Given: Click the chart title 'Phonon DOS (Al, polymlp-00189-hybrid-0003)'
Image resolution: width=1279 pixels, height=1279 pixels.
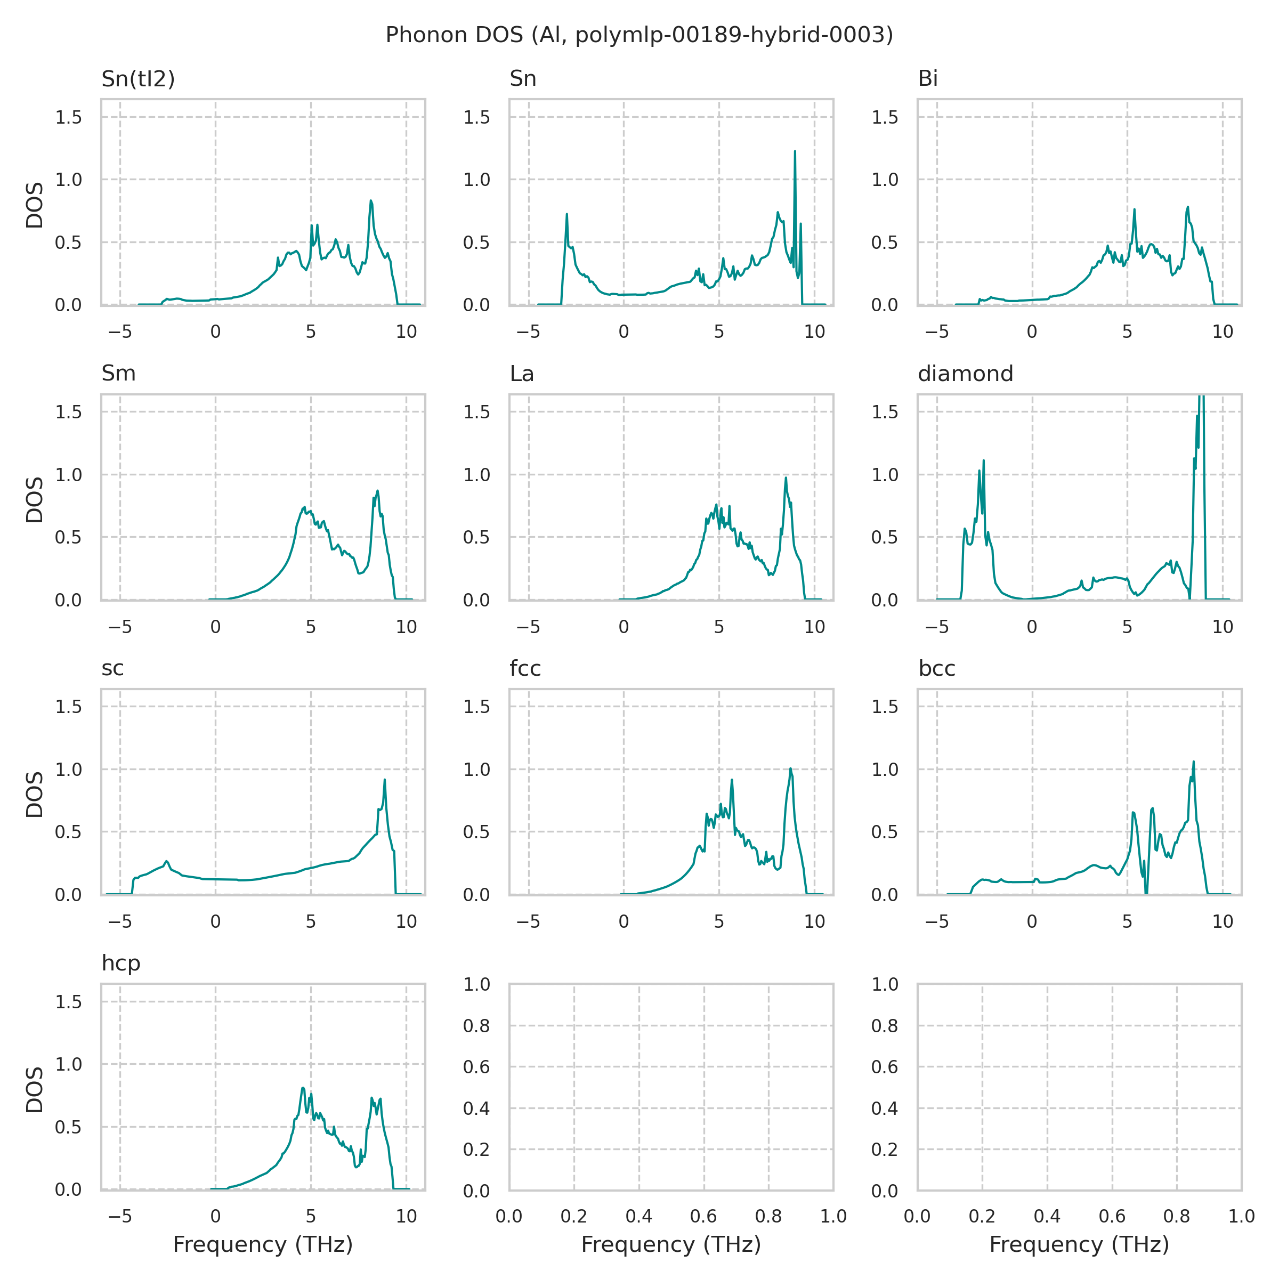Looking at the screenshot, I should [x=639, y=35].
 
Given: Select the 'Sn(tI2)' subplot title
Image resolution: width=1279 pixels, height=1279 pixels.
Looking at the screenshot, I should [x=137, y=79].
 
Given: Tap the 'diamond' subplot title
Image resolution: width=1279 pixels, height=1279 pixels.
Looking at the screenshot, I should [x=965, y=374].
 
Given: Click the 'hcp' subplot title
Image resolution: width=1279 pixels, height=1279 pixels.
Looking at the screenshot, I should [x=120, y=963].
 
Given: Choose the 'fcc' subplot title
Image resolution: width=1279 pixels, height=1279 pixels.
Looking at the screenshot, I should [x=525, y=669].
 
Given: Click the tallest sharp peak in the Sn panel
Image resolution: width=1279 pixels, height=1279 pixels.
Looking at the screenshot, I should [x=795, y=151].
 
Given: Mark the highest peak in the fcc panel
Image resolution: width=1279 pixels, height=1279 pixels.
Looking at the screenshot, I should [x=790, y=768].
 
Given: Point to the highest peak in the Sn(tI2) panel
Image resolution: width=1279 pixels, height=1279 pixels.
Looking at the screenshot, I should [x=371, y=200].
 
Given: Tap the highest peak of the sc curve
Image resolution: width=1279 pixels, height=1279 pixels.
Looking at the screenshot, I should [x=385, y=780].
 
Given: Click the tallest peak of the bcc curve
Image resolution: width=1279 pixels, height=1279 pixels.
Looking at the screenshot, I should [x=1194, y=762].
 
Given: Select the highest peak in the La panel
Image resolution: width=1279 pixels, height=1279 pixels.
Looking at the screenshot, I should [x=786, y=478].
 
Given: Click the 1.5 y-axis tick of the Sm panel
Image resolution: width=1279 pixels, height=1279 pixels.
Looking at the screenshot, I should [x=68, y=412].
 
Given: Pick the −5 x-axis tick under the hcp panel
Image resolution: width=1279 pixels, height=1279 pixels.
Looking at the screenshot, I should [x=120, y=1216].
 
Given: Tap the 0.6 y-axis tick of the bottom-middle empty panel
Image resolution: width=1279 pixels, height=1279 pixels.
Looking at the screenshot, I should [x=476, y=1067].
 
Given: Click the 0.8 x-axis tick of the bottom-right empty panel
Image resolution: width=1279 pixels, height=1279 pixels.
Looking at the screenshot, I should [x=1176, y=1216].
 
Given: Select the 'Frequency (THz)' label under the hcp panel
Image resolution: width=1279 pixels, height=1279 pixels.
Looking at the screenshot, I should [x=263, y=1245].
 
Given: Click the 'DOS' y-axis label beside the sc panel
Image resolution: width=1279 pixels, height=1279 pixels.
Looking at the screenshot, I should [x=35, y=795].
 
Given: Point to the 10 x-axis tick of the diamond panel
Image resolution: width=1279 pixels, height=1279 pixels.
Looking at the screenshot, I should [x=1222, y=627].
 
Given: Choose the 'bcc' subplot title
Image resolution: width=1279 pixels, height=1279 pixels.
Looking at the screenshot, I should [x=936, y=669].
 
